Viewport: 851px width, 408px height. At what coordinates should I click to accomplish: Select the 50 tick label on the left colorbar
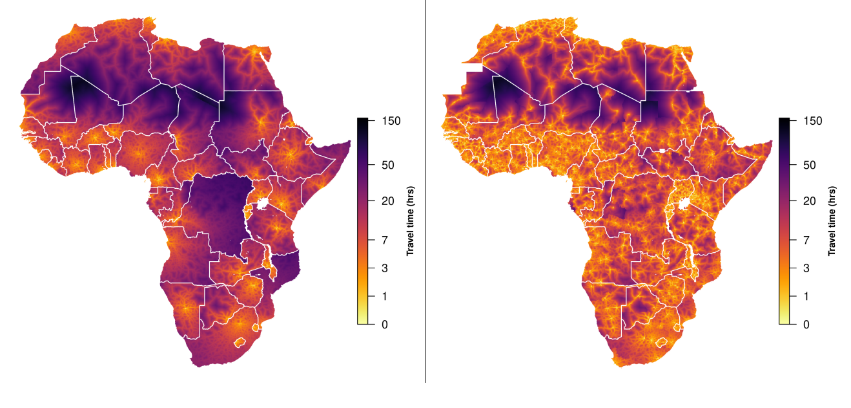tap(388, 165)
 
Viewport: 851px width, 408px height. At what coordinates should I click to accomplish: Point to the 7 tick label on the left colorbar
tap(385, 240)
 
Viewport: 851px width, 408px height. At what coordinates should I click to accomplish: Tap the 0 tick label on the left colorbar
tap(385, 325)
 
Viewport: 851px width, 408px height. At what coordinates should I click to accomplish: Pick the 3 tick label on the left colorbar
tap(385, 268)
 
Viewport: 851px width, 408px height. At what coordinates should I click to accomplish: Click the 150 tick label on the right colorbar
tap(814, 121)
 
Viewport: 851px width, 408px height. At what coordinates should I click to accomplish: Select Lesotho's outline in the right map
tap(661, 341)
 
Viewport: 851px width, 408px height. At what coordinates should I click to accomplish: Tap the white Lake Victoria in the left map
tap(261, 204)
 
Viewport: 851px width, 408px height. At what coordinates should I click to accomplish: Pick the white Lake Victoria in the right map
tap(684, 204)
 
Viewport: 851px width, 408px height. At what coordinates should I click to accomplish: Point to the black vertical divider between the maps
tap(425, 194)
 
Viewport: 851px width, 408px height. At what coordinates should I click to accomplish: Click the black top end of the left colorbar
tap(362, 121)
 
